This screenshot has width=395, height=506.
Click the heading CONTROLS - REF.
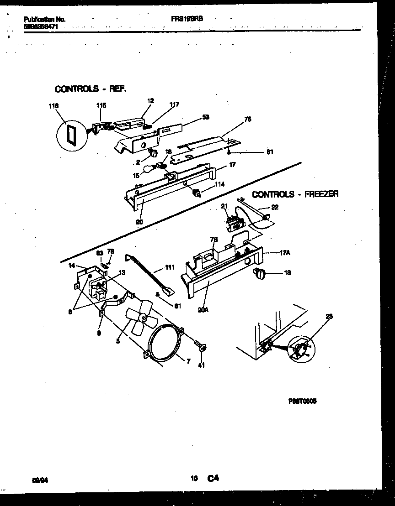90,89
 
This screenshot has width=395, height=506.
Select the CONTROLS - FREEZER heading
295,194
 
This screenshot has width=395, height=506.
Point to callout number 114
220,184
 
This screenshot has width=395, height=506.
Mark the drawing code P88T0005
303,401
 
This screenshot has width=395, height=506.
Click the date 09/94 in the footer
40,479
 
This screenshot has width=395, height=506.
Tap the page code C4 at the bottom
213,478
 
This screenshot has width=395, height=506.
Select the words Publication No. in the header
44,20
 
